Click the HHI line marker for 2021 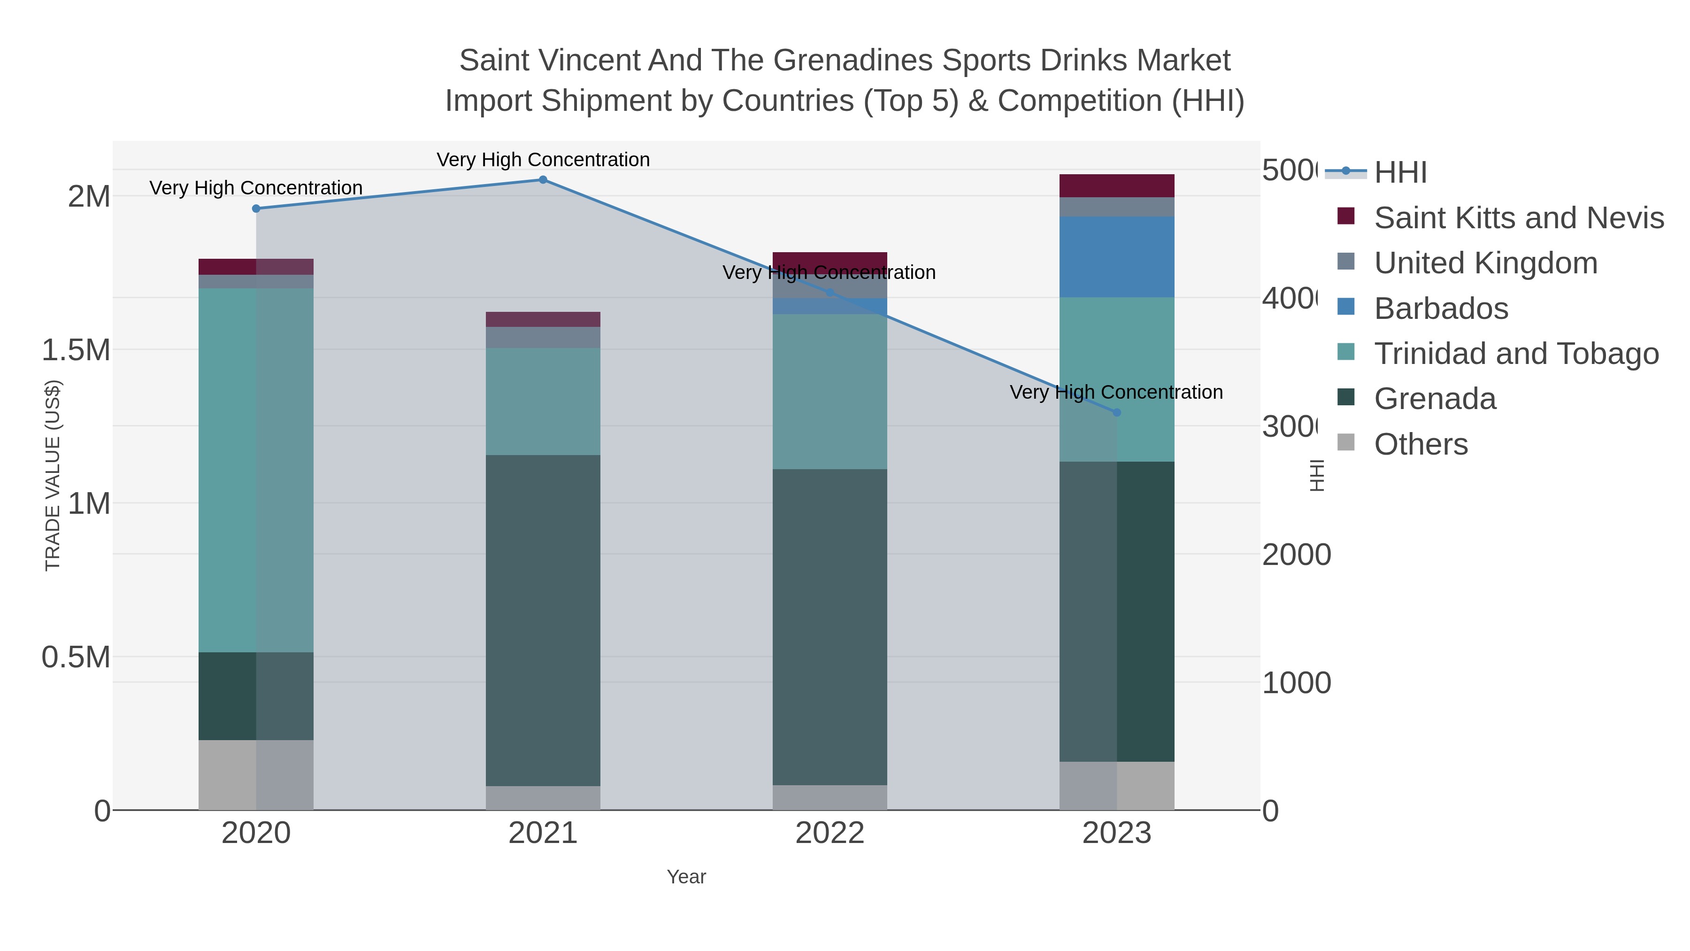pos(543,180)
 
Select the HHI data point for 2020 pos(256,209)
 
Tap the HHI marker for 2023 pos(1117,413)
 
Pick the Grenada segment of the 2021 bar pos(543,620)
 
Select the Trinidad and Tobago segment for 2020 pos(256,470)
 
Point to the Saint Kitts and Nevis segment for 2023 pos(1117,186)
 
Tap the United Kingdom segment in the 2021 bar pos(543,337)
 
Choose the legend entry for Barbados pos(1441,309)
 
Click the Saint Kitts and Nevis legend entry pos(1518,218)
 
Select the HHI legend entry pos(1400,173)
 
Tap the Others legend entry pos(1421,444)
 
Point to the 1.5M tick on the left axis pos(76,350)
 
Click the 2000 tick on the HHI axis pos(1296,555)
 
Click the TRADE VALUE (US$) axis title pos(53,475)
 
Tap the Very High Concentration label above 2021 pos(543,160)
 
